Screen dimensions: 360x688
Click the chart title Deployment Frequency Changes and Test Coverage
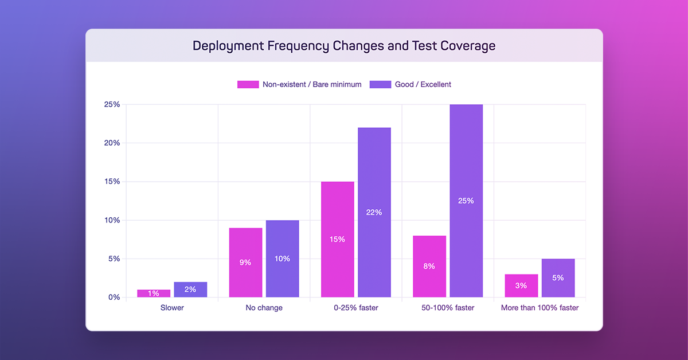coord(344,46)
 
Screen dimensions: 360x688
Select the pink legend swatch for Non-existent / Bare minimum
coord(248,84)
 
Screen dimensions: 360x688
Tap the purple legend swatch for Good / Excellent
coord(380,84)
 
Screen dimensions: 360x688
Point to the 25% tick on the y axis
coord(111,104)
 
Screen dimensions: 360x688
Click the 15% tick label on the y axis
coord(111,182)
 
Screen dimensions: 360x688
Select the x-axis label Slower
coord(172,308)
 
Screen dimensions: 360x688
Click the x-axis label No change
coord(264,308)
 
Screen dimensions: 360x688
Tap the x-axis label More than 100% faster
coord(540,308)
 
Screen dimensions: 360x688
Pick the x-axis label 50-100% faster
coord(448,308)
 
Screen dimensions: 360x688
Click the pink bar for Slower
coord(154,294)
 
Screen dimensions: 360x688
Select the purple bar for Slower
coord(190,289)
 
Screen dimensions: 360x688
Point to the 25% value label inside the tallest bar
coord(466,201)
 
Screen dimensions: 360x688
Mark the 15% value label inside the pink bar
coord(338,239)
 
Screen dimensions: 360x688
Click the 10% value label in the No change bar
coord(282,259)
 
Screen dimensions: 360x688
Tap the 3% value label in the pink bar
coord(521,285)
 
